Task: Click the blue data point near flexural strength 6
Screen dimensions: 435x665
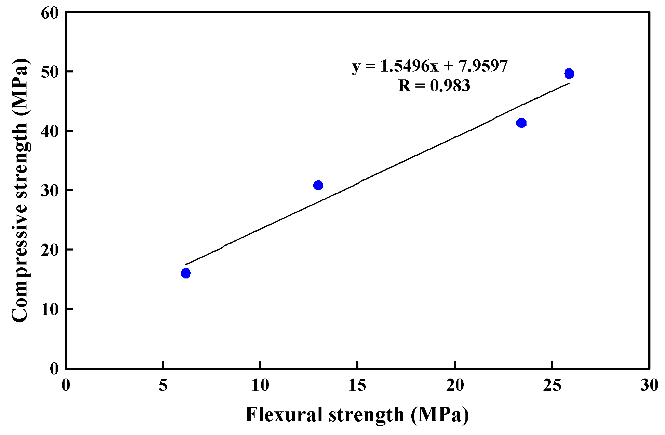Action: pyautogui.click(x=186, y=273)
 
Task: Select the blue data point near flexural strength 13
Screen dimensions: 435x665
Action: pyautogui.click(x=318, y=185)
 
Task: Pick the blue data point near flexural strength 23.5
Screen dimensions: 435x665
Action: pyautogui.click(x=521, y=123)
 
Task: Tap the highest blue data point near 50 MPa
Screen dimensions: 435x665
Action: pyautogui.click(x=569, y=74)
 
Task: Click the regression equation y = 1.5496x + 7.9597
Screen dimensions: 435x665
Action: pyautogui.click(x=430, y=66)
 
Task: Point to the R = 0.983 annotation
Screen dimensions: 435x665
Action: pyautogui.click(x=434, y=86)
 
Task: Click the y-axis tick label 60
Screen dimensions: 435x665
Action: pyautogui.click(x=50, y=13)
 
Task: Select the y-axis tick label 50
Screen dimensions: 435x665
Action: pyautogui.click(x=50, y=72)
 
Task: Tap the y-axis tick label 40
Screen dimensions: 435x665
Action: pyautogui.click(x=50, y=132)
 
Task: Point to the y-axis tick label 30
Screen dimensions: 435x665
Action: pyautogui.click(x=50, y=191)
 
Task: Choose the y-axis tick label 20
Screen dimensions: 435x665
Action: pyautogui.click(x=50, y=250)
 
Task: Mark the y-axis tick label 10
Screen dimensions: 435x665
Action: pyautogui.click(x=50, y=310)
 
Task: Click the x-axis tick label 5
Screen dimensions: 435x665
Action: pyautogui.click(x=163, y=386)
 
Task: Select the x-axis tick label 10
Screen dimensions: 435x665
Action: pyautogui.click(x=260, y=386)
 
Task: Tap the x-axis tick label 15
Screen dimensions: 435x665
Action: pyautogui.click(x=358, y=386)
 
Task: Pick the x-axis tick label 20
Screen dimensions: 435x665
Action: pyautogui.click(x=455, y=386)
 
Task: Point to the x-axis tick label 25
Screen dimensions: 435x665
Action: pyautogui.click(x=552, y=386)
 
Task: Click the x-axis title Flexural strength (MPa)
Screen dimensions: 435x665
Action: pyautogui.click(x=357, y=415)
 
